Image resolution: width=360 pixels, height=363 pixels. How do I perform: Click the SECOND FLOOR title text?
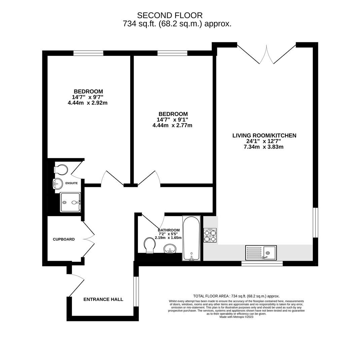coord(170,15)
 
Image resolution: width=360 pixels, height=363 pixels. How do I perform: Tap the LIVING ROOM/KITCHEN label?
coord(264,135)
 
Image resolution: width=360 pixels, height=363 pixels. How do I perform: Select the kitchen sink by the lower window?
coord(261,253)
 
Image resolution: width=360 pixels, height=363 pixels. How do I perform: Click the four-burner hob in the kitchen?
coord(210,235)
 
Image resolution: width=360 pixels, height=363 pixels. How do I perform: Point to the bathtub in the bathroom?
coord(191,238)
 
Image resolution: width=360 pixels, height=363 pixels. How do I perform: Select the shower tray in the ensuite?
coord(70,202)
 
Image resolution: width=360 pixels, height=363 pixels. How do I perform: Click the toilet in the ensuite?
coord(62,169)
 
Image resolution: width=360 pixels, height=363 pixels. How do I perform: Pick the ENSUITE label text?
coord(71,183)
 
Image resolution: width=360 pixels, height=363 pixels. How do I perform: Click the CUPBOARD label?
coord(64,239)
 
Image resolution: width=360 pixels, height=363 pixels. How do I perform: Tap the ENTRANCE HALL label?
coord(103,299)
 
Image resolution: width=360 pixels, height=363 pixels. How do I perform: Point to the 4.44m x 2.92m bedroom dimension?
coord(87,103)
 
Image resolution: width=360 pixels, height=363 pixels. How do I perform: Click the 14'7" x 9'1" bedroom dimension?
coord(172,120)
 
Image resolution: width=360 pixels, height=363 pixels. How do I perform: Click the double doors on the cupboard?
coord(89,239)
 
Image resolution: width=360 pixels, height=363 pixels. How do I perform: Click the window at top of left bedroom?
coord(88,53)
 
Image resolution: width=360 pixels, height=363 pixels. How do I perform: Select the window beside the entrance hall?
coord(136,291)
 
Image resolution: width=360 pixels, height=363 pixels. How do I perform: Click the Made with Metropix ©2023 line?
coord(236,317)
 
